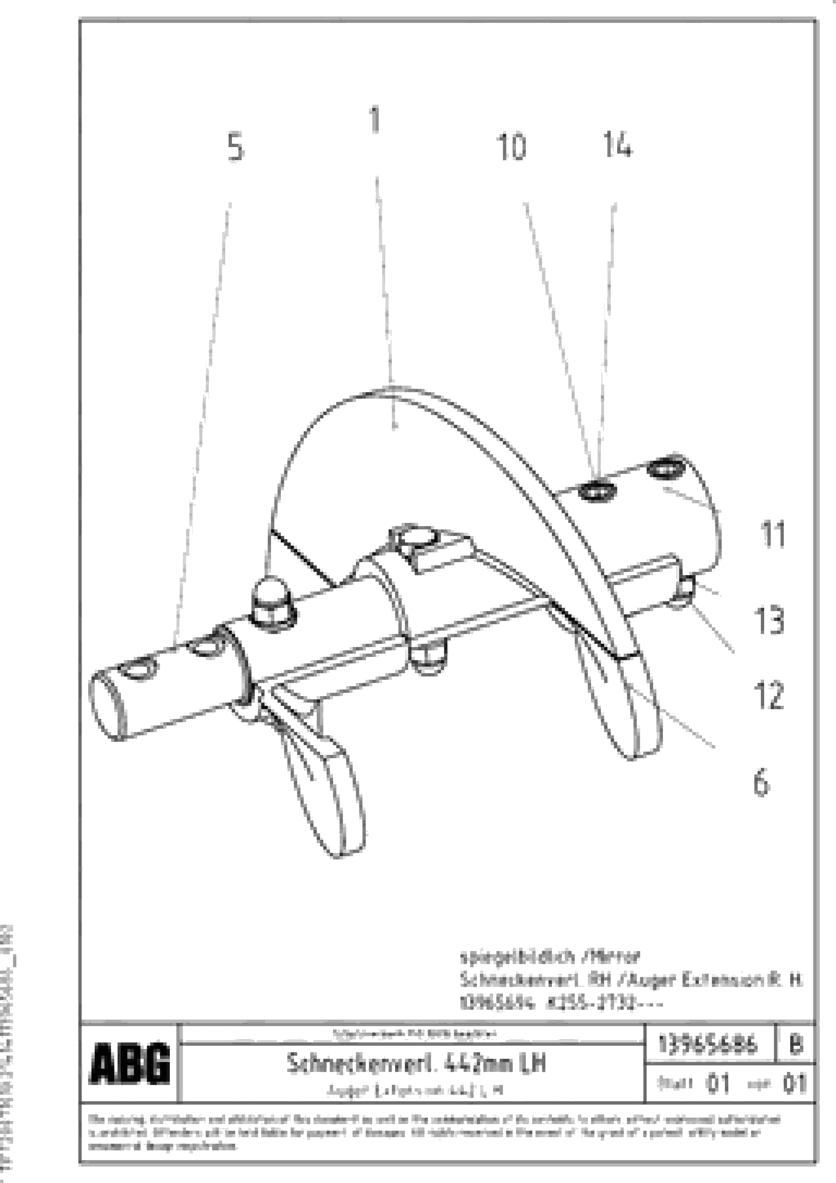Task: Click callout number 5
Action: [x=235, y=147]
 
